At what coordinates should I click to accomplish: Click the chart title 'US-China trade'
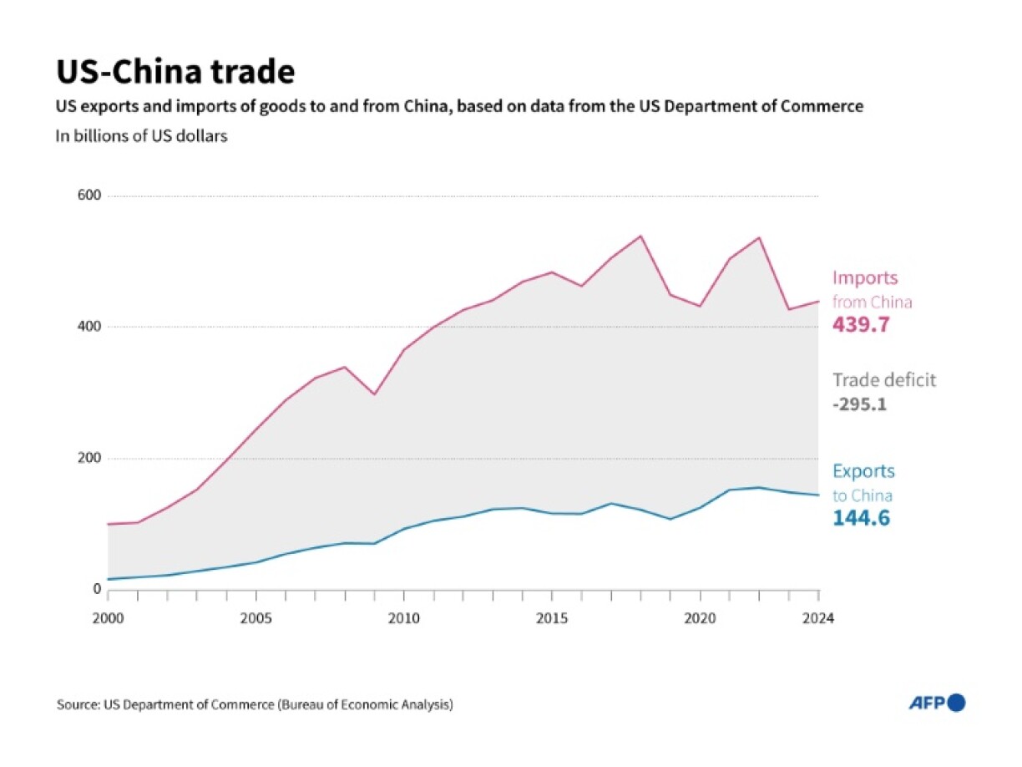175,73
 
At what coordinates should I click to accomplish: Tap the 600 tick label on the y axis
89,196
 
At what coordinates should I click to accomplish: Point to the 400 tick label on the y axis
89,327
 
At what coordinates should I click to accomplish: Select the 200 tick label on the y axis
89,458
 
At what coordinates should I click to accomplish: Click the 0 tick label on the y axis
97,589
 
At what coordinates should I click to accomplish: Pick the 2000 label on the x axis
109,618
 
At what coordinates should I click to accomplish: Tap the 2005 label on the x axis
256,618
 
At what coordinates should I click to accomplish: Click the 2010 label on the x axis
404,618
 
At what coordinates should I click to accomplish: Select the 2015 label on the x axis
552,618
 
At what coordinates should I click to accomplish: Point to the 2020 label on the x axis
700,618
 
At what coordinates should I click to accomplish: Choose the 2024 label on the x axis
818,618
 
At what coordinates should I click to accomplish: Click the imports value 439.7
861,325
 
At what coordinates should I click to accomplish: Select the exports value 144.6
861,519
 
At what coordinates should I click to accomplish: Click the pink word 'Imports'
865,278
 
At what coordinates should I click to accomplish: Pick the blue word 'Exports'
863,471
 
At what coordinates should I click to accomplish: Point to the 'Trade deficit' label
884,380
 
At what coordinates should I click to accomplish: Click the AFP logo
937,704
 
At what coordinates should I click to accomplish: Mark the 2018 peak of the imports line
640,236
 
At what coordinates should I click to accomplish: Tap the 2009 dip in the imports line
374,394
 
